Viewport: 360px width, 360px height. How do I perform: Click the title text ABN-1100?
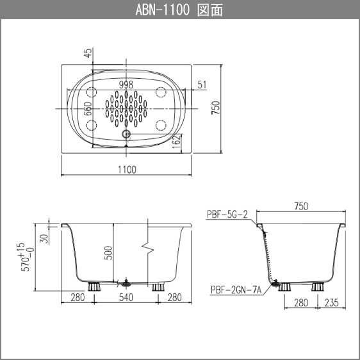(163, 10)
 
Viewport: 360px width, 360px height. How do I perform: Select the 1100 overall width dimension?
(127, 169)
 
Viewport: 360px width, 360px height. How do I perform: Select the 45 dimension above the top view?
(88, 54)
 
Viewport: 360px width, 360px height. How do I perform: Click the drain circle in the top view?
(126, 135)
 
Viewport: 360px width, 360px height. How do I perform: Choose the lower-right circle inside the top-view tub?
(161, 125)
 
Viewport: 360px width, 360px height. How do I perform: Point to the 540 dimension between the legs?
(127, 297)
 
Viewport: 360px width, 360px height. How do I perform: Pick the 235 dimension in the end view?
(331, 303)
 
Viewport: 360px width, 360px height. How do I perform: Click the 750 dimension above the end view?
(301, 206)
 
